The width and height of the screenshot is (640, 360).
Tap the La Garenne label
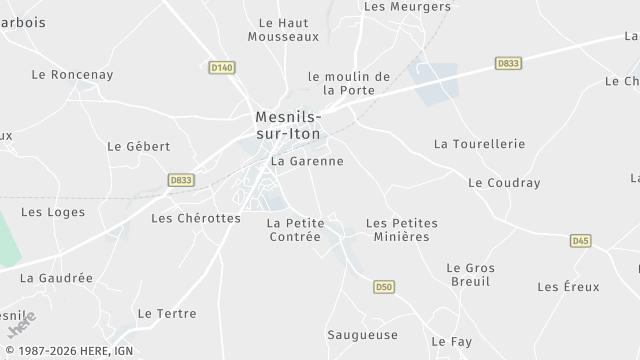pyautogui.click(x=307, y=161)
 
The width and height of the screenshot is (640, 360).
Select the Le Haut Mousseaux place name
pyautogui.click(x=283, y=29)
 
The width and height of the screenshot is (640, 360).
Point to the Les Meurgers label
pyautogui.click(x=393, y=6)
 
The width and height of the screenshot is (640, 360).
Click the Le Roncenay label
pyautogui.click(x=72, y=74)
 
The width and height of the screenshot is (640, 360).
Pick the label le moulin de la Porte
pyautogui.click(x=348, y=83)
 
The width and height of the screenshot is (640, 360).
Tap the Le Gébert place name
pyautogui.click(x=138, y=146)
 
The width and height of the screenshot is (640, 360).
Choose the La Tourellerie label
pyautogui.click(x=479, y=144)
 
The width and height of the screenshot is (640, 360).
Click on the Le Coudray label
pyautogui.click(x=504, y=183)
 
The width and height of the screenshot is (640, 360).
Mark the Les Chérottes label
pyautogui.click(x=195, y=218)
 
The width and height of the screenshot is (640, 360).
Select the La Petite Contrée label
pyautogui.click(x=294, y=230)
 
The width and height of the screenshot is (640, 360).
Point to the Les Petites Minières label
pyautogui.click(x=401, y=230)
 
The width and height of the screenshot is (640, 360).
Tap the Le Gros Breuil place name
pyautogui.click(x=470, y=275)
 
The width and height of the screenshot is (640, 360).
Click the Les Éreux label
pyautogui.click(x=568, y=287)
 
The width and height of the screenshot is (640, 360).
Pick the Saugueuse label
pyautogui.click(x=362, y=335)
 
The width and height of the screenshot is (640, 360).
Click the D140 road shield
pyautogui.click(x=222, y=67)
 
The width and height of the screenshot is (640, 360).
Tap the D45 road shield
pyautogui.click(x=580, y=241)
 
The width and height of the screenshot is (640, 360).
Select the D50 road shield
pyautogui.click(x=384, y=288)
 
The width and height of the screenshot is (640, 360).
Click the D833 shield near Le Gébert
pyautogui.click(x=181, y=180)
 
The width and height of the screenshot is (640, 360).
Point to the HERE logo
pyautogui.click(x=21, y=324)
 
